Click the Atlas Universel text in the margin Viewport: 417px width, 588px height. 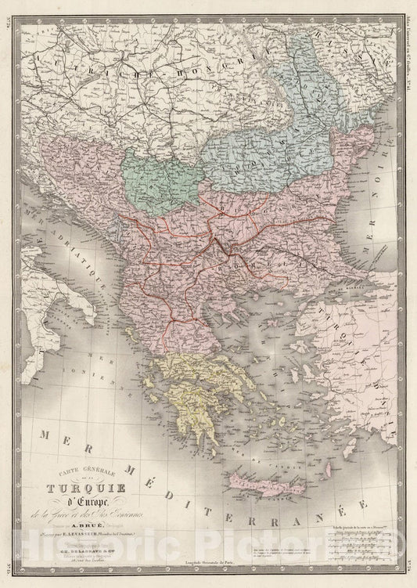click(410, 47)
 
